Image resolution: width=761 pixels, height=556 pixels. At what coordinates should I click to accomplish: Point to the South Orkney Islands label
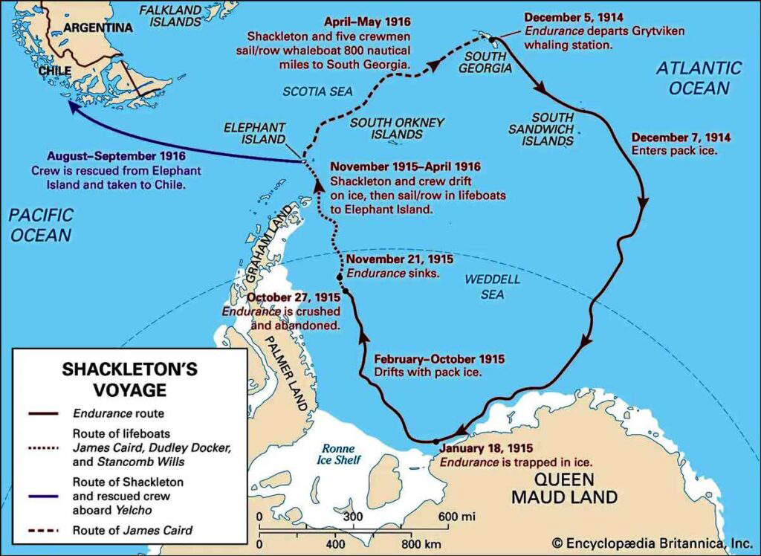[x=397, y=128]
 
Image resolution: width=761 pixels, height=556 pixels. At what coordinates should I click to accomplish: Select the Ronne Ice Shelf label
[x=341, y=454]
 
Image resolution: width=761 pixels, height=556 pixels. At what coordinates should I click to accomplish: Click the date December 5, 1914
[x=573, y=17]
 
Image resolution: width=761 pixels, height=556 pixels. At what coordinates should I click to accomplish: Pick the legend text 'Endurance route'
[x=114, y=412]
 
